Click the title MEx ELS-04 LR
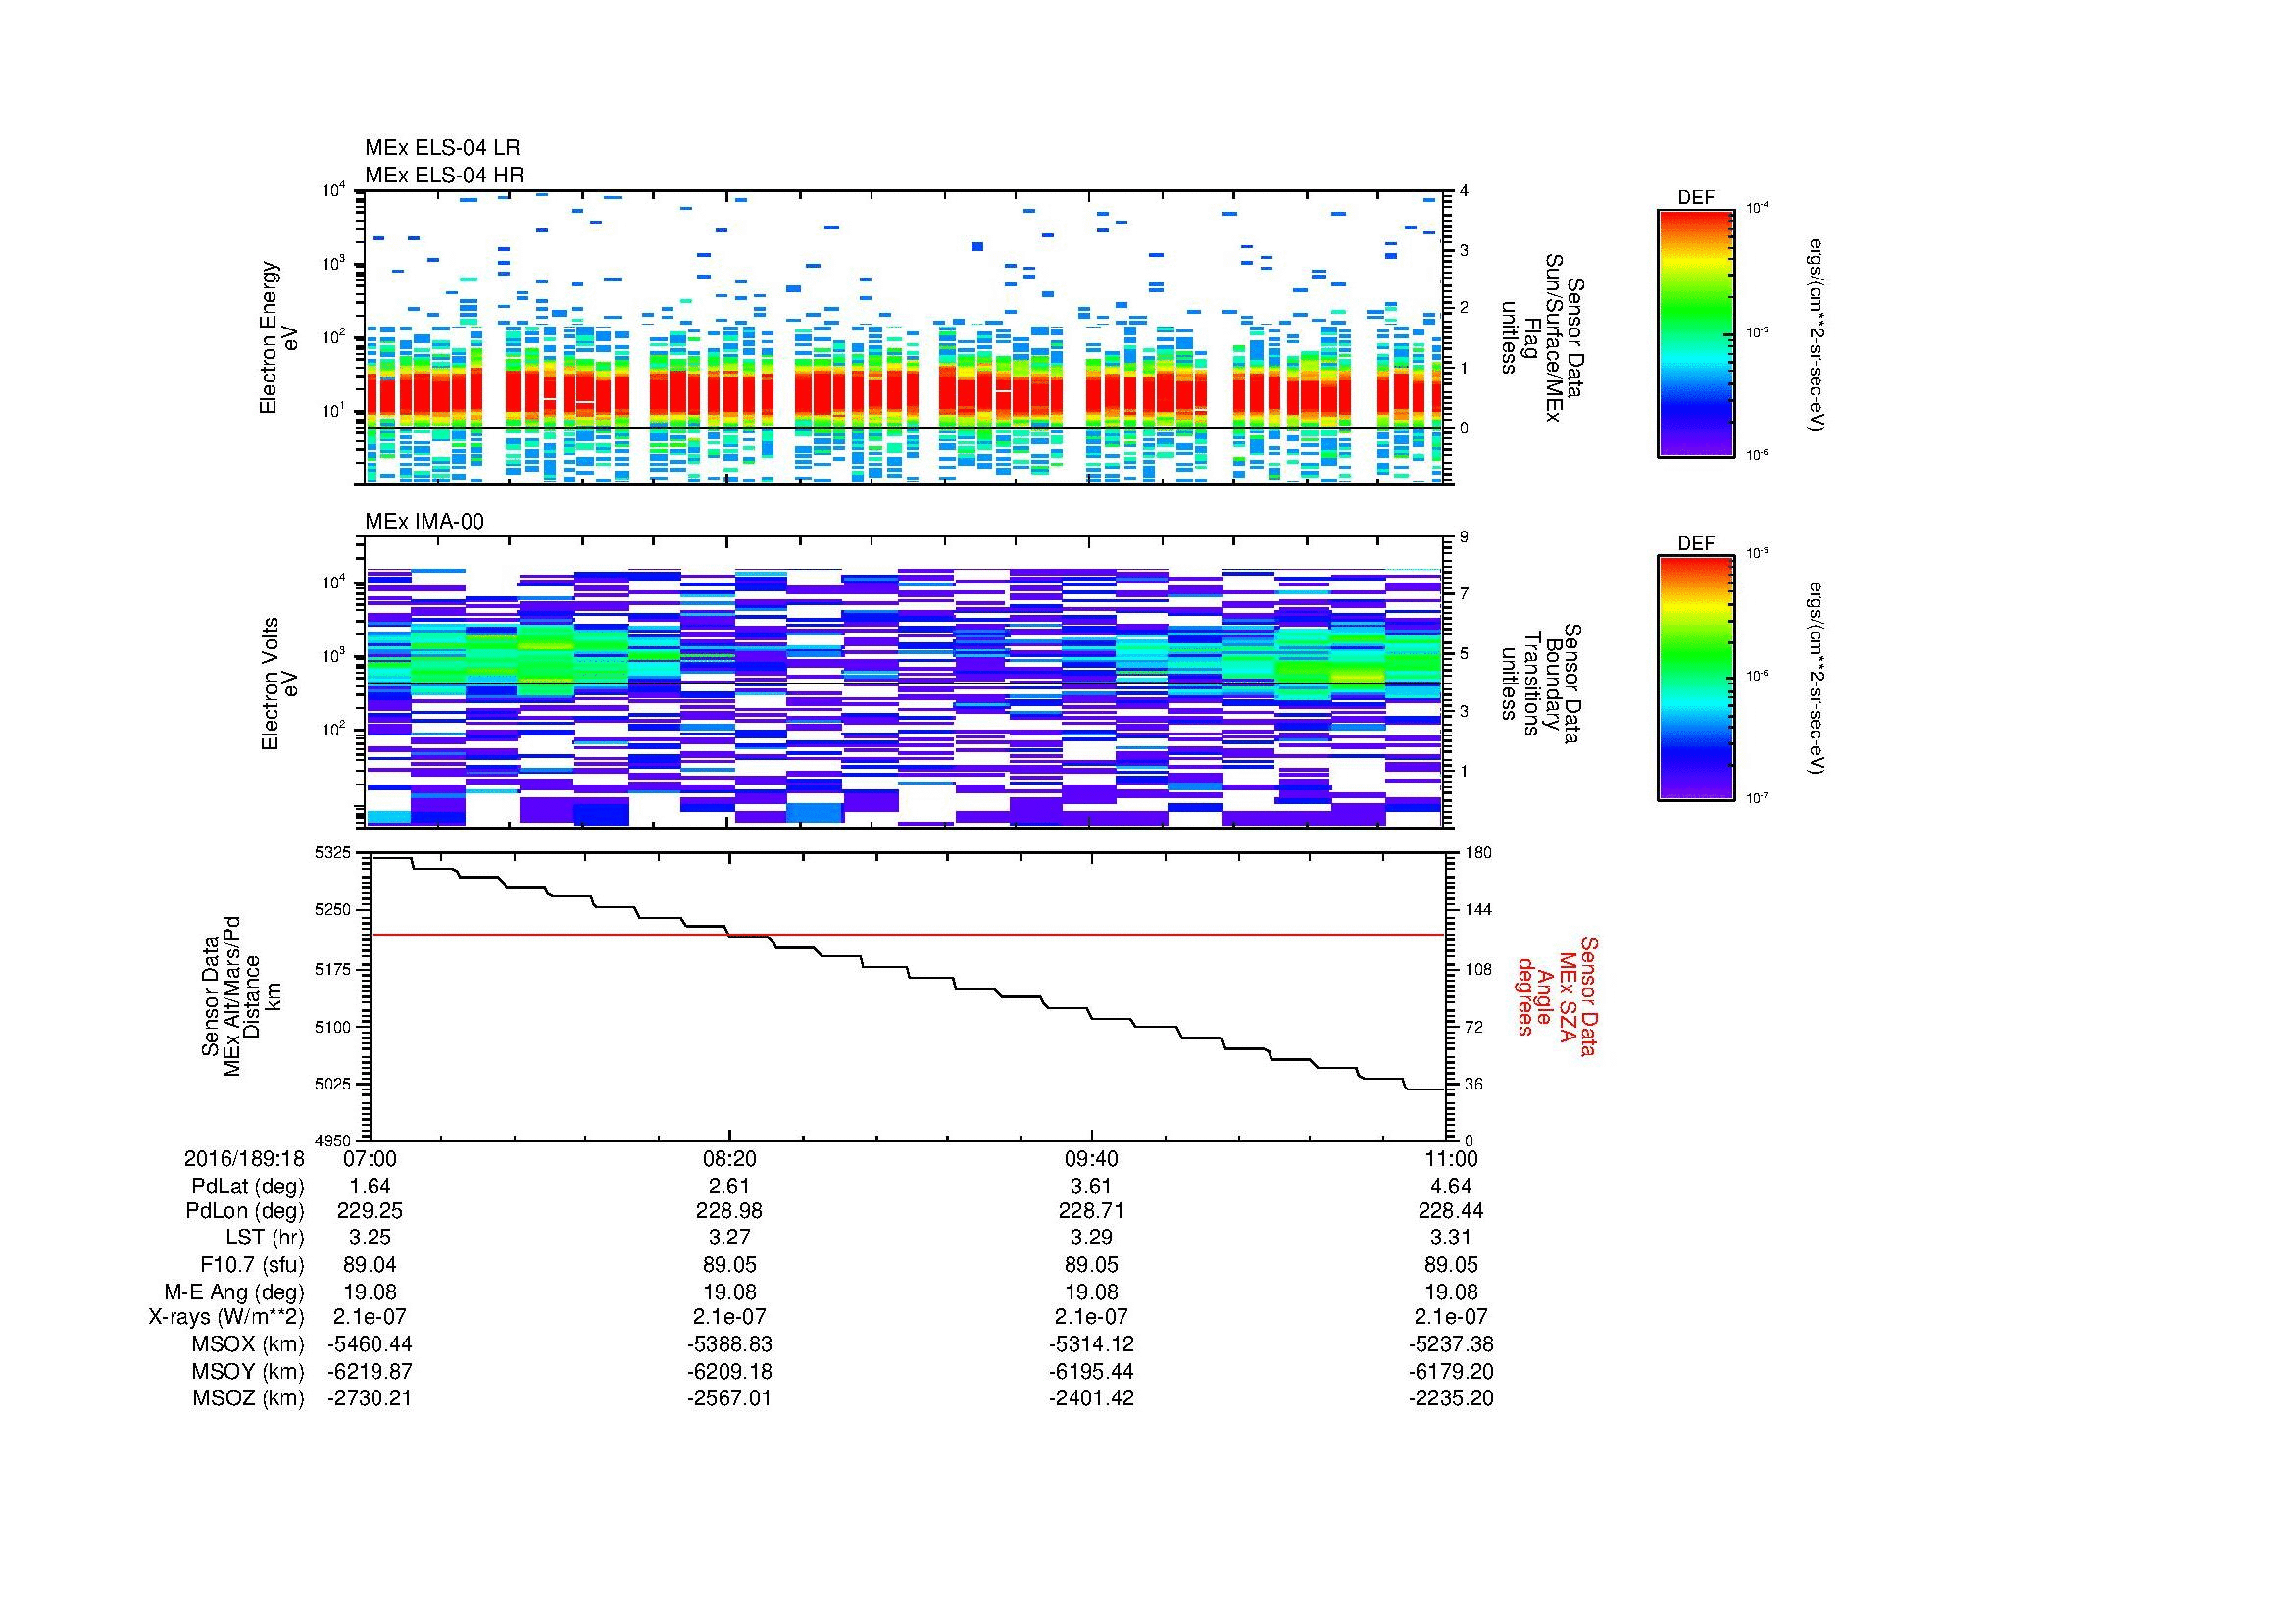tap(441, 148)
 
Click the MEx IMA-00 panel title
tap(424, 522)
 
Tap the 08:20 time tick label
tap(730, 1158)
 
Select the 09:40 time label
tap(1091, 1158)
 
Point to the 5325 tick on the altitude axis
tap(332, 853)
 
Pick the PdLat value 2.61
tap(730, 1186)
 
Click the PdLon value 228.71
tap(1091, 1210)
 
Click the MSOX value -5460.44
tap(370, 1344)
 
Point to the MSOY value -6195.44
tap(1091, 1371)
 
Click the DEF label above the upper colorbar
tap(1696, 198)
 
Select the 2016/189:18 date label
tap(244, 1158)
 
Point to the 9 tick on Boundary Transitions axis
tap(1464, 537)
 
